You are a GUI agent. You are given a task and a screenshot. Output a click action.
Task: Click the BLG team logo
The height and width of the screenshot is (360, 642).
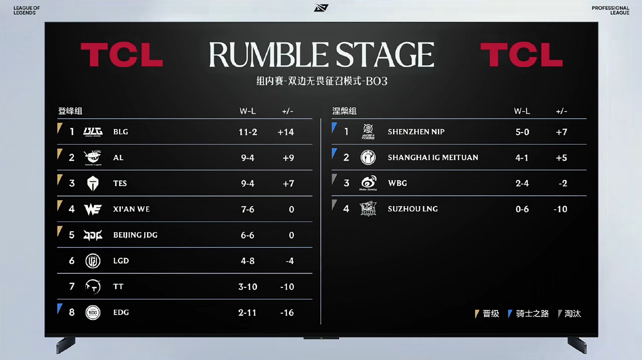pyautogui.click(x=93, y=132)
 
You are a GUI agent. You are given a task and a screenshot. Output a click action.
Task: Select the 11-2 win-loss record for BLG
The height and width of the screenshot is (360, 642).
pyautogui.click(x=248, y=132)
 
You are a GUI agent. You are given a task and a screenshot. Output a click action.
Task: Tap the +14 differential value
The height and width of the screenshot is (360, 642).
pyautogui.click(x=286, y=132)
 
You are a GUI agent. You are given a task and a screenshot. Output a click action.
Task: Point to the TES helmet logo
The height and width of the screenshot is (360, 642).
pyautogui.click(x=93, y=183)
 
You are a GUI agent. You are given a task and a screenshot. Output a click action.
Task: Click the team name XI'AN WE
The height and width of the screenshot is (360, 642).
pyautogui.click(x=131, y=209)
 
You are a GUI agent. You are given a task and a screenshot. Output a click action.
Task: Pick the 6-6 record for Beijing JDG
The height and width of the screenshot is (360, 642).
pyautogui.click(x=248, y=235)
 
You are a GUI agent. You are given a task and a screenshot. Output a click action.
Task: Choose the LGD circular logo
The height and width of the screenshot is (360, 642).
pyautogui.click(x=93, y=261)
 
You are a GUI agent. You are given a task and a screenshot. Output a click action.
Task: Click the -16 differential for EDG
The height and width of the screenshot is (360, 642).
pyautogui.click(x=287, y=312)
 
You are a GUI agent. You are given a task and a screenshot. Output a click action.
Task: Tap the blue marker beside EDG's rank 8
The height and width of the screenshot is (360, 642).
pyautogui.click(x=59, y=308)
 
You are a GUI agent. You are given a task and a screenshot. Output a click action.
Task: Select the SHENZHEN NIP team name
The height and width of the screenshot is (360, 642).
pyautogui.click(x=416, y=132)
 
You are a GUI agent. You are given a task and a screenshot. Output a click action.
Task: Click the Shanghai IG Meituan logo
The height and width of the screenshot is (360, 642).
pyautogui.click(x=368, y=157)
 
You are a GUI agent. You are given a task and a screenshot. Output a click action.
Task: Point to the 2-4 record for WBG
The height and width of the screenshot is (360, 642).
pyautogui.click(x=522, y=183)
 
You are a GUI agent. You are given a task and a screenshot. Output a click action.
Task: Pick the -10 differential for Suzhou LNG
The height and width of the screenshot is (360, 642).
pyautogui.click(x=560, y=209)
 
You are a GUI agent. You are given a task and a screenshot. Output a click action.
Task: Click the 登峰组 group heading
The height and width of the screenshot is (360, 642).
pyautogui.click(x=70, y=111)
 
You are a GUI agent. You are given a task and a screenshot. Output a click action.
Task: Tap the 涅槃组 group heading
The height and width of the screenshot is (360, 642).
pyautogui.click(x=344, y=111)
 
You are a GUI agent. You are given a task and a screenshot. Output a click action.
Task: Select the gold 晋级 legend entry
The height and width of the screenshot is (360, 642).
pyautogui.click(x=487, y=314)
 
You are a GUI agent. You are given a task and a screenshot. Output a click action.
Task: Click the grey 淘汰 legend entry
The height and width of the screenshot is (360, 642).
pyautogui.click(x=570, y=314)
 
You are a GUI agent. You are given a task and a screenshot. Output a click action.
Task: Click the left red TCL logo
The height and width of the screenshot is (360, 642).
pyautogui.click(x=122, y=54)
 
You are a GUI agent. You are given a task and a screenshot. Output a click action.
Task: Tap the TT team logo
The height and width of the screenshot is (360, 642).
pyautogui.click(x=93, y=286)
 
